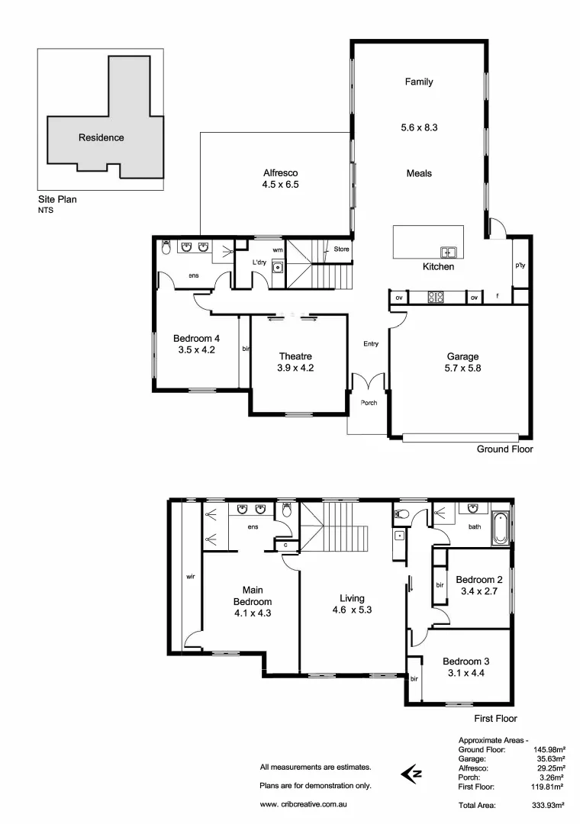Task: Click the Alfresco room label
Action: [279, 173]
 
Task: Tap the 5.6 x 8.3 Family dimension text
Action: [419, 128]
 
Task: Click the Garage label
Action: [462, 356]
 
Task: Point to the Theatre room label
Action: [295, 356]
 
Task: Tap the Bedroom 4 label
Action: [196, 339]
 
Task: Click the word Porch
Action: [369, 403]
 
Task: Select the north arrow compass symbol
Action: [411, 774]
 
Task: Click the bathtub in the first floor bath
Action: [500, 528]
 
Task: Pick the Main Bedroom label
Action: [253, 590]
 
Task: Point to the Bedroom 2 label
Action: [478, 579]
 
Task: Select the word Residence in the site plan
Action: [101, 138]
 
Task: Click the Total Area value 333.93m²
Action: [549, 805]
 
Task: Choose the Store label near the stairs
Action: [341, 249]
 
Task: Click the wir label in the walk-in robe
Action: [190, 577]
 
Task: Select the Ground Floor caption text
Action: [504, 449]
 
